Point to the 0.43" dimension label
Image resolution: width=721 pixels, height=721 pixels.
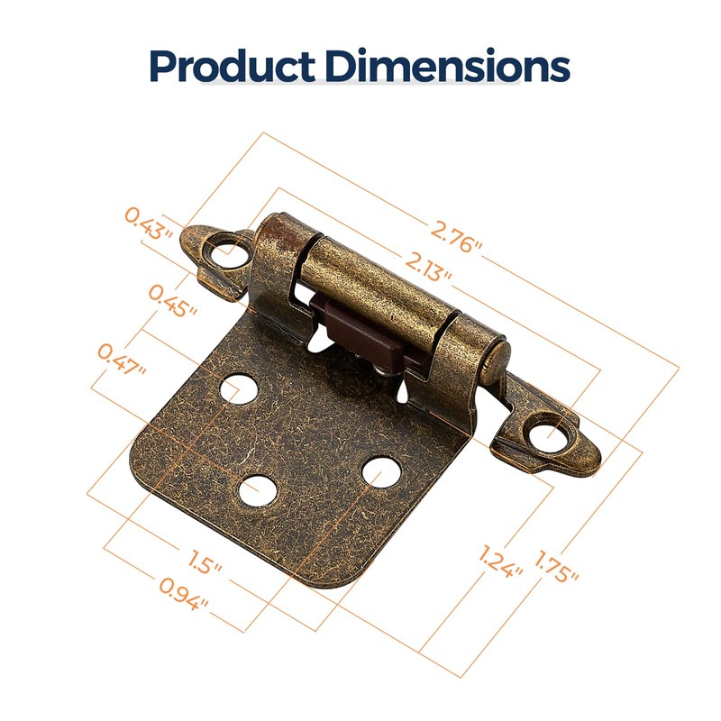point(149,223)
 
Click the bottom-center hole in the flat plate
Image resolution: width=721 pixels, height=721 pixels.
point(256,488)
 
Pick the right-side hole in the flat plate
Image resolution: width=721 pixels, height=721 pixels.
point(381,470)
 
